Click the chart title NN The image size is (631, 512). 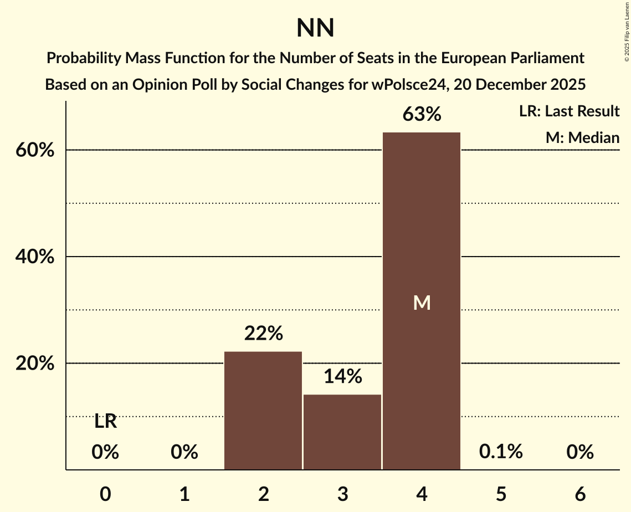pos(315,28)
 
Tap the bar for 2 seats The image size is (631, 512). pos(263,411)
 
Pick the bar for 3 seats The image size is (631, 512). pos(342,432)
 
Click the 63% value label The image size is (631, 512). pos(422,115)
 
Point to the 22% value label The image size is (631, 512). pos(263,334)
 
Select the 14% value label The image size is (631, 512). pos(342,377)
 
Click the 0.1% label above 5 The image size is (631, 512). pos(501,452)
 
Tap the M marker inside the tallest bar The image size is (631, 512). pos(422,303)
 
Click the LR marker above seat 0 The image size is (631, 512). pos(105,422)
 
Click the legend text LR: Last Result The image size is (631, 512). pos(569,111)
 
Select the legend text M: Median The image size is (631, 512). pos(582,138)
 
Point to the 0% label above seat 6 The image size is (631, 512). pos(580,452)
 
